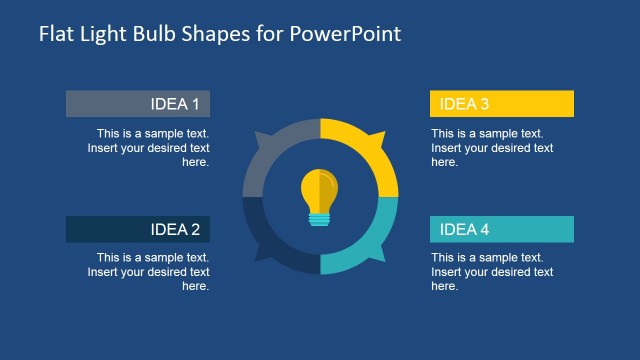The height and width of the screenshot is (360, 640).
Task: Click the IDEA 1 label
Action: [x=175, y=104]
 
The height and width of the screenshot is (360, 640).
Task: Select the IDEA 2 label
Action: [x=175, y=230]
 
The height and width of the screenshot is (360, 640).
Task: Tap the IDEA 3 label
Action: [x=465, y=104]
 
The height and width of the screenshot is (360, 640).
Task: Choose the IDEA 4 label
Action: [x=465, y=230]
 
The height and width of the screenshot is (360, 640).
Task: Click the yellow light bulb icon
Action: [x=320, y=192]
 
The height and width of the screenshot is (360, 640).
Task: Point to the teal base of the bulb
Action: [x=320, y=218]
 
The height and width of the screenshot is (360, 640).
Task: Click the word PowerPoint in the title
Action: [x=345, y=34]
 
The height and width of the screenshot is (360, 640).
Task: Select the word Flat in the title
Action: [x=56, y=34]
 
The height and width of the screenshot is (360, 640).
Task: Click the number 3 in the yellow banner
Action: [x=485, y=104]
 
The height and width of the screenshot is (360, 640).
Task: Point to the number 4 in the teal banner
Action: [x=485, y=230]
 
